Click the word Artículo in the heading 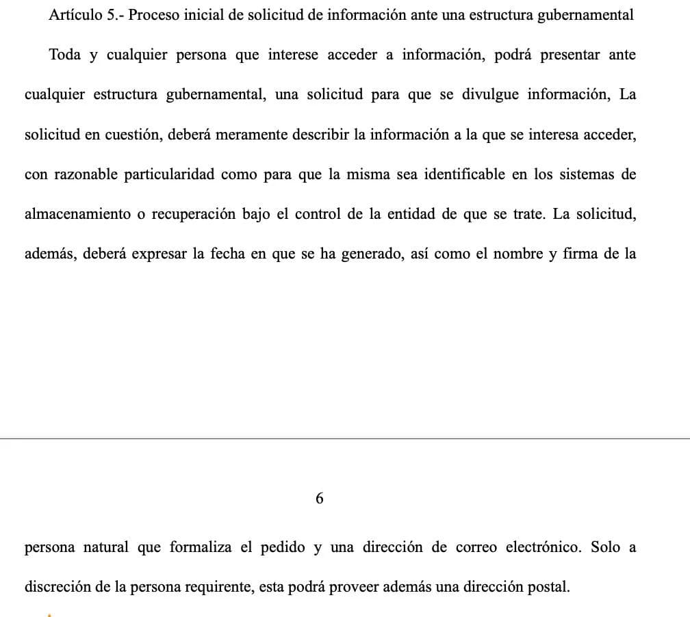point(75,15)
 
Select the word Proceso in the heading point(151,15)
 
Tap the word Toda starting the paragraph point(65,55)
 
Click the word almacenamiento point(77,213)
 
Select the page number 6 point(319,499)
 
